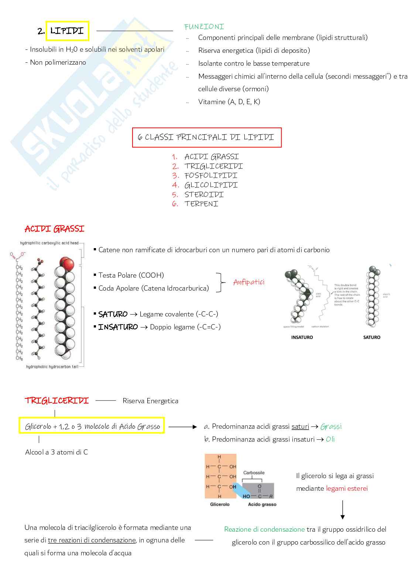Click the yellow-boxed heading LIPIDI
(x=67, y=31)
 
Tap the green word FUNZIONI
(x=204, y=27)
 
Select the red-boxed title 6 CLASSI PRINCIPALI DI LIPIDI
(x=206, y=137)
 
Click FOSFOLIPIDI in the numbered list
(x=211, y=176)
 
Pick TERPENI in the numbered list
(x=201, y=204)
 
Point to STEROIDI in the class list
(x=204, y=195)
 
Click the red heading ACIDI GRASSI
(x=55, y=229)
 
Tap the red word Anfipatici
(x=249, y=282)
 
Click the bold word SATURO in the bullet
(x=113, y=314)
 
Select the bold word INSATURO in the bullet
(x=118, y=327)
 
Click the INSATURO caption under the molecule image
(x=302, y=337)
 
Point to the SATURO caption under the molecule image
(x=371, y=337)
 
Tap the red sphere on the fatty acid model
(x=67, y=264)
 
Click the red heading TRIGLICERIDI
(x=57, y=401)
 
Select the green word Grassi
(x=331, y=426)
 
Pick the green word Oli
(x=330, y=439)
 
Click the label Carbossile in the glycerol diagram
(x=254, y=473)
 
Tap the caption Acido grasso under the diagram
(x=262, y=504)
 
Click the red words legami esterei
(x=347, y=488)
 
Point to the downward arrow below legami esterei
(x=343, y=510)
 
